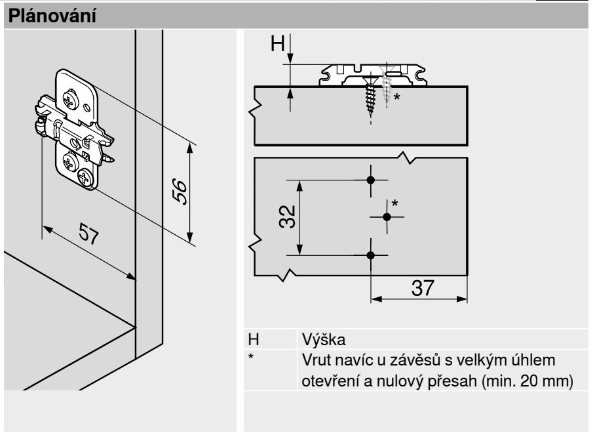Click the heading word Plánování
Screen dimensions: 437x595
tap(50, 16)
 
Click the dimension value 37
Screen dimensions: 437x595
tap(419, 287)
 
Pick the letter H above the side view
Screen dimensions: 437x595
tap(278, 44)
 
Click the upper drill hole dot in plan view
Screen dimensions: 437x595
tap(371, 179)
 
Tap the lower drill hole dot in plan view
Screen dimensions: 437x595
tap(371, 255)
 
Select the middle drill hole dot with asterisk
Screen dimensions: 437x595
tap(387, 216)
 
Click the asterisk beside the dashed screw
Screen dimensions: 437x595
tap(396, 97)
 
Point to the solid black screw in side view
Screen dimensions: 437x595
tap(370, 98)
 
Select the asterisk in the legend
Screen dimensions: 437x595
tap(250, 358)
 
